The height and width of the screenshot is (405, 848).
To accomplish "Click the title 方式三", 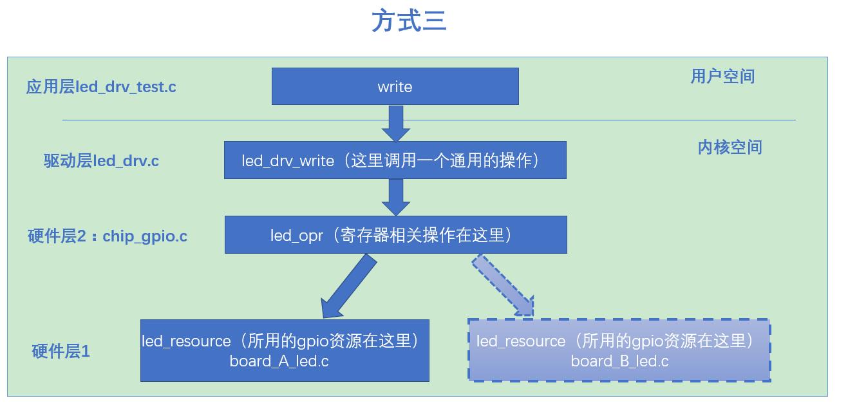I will tap(409, 21).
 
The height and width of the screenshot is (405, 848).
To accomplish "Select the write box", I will tap(395, 86).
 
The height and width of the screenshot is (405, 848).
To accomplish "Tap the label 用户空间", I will tap(722, 76).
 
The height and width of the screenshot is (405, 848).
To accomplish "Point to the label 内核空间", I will tap(730, 147).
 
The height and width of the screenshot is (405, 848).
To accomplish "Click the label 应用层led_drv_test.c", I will tap(101, 86).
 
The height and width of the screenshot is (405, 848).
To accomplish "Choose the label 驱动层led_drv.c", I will tap(101, 160).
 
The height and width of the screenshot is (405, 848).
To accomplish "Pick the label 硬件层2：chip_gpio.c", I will tap(108, 236).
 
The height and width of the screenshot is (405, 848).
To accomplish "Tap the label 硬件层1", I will tap(61, 351).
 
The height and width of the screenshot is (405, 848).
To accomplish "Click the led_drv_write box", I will tap(395, 160).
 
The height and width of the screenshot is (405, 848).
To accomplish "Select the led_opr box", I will tap(395, 234).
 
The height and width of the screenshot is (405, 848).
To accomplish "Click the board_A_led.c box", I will tap(285, 350).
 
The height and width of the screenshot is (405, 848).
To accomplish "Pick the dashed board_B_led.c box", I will tap(619, 350).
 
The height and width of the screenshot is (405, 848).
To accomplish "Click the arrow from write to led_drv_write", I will tap(395, 123).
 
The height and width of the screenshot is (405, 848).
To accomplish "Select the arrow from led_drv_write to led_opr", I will tap(395, 197).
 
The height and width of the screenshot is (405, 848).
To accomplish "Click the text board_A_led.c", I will tap(279, 361).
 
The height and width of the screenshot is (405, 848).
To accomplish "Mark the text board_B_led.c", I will tap(619, 361).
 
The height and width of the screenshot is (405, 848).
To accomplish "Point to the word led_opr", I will tap(296, 235).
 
